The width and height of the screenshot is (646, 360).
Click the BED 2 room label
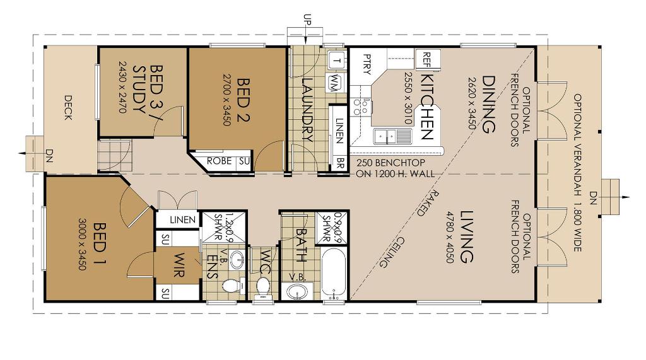(x=244, y=100)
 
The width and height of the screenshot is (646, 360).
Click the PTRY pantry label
(x=367, y=64)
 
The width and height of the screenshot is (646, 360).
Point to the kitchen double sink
(x=392, y=136)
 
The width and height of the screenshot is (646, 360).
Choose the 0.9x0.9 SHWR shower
(x=332, y=228)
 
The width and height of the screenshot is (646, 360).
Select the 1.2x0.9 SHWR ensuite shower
(x=225, y=228)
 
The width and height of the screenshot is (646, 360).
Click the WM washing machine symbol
(x=336, y=80)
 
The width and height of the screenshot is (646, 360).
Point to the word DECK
(x=68, y=108)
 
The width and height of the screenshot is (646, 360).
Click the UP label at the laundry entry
(x=307, y=20)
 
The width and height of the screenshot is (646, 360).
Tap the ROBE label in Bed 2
(x=219, y=161)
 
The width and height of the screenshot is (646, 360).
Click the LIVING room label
(x=466, y=236)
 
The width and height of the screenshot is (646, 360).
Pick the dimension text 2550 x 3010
(x=408, y=98)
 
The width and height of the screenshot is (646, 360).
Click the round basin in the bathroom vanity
(x=297, y=292)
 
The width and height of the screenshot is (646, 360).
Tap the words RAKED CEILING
(x=405, y=229)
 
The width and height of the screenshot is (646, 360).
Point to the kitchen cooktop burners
(x=360, y=106)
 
